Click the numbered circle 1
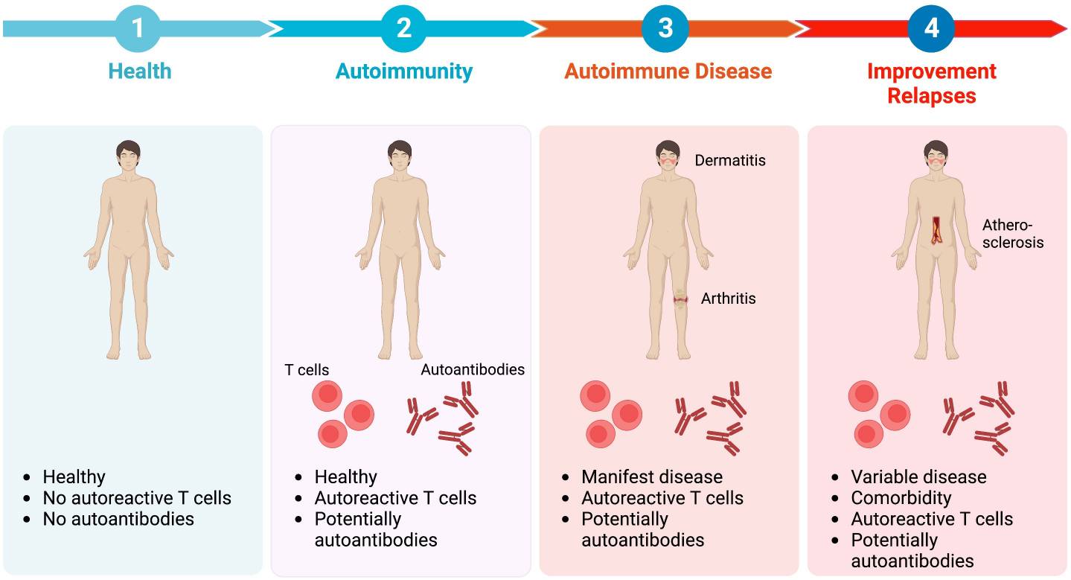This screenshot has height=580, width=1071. [x=138, y=29]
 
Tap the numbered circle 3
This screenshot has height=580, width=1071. [x=665, y=29]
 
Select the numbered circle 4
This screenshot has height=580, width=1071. [x=931, y=29]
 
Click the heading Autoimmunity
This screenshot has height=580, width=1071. [x=404, y=71]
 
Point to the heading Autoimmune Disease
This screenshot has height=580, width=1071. [x=668, y=71]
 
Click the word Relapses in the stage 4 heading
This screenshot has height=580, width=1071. [x=931, y=96]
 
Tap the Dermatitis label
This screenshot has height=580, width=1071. [x=729, y=160]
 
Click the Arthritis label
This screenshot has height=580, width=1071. [x=728, y=299]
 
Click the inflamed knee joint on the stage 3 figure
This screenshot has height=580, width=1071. [x=680, y=300]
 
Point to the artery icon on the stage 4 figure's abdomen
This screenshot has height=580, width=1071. [x=937, y=230]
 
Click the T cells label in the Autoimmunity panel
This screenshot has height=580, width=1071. [x=307, y=369]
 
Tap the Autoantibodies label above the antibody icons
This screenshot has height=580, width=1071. [x=473, y=369]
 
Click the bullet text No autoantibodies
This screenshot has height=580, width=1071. [x=118, y=519]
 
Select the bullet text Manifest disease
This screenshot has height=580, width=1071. [x=652, y=477]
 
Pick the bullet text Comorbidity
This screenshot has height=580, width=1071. [x=901, y=498]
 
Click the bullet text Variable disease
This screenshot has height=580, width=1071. [x=918, y=477]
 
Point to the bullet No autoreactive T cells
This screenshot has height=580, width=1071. [x=137, y=498]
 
